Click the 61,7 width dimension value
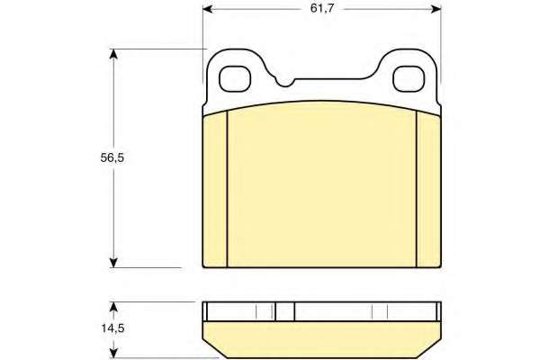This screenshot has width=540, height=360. point(322,9)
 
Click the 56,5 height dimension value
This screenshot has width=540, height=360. point(112,158)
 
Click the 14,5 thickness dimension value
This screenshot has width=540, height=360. point(112,328)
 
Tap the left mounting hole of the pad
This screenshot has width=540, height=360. point(235,79)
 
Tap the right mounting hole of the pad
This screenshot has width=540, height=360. point(409,79)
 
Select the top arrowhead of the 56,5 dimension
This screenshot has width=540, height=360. point(113,55)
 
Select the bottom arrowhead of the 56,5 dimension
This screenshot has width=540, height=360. point(113,262)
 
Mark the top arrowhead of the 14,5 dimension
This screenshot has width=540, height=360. point(113,308)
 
